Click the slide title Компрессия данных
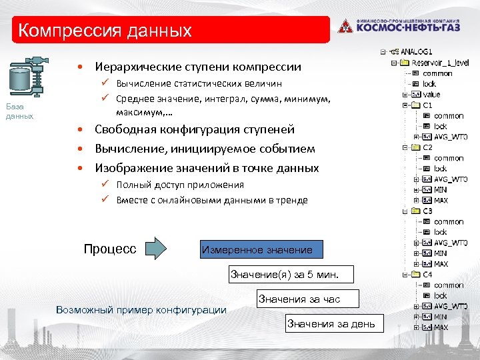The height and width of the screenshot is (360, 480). (105, 31)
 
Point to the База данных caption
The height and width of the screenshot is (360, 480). (19, 111)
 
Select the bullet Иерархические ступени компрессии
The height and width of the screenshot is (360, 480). (197, 67)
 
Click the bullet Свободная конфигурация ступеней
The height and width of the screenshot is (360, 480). (194, 129)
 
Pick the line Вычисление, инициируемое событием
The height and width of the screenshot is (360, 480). (205, 149)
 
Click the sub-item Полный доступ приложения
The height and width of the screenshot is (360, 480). (180, 185)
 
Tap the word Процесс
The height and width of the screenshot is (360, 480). (110, 249)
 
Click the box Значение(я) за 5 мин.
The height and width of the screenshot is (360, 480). (284, 274)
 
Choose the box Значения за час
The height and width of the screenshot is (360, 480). (308, 299)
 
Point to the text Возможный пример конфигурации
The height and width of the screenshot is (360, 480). (141, 310)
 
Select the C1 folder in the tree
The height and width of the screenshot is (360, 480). (427, 105)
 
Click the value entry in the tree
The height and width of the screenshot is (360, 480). (431, 95)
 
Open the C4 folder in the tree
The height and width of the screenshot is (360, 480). (427, 274)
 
